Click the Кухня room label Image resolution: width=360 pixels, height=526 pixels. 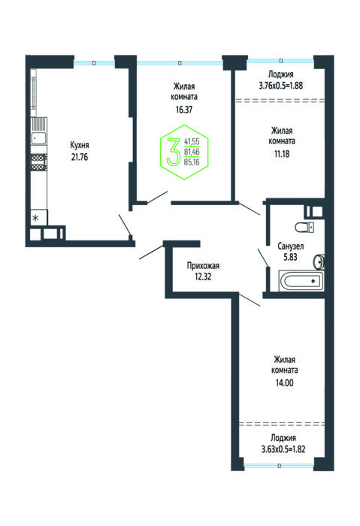coord(80,145)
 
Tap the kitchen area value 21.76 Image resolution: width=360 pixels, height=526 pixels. coord(80,157)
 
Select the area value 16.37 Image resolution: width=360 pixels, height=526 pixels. coord(184,110)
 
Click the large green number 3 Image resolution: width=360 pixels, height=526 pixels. coord(174,151)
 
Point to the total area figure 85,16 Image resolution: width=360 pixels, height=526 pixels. coord(192,163)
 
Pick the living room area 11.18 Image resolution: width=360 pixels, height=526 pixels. coord(282,154)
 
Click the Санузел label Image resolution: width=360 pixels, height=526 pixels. coord(291,246)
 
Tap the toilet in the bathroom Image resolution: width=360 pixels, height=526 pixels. coord(304,227)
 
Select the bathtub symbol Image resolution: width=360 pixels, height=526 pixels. coord(301,281)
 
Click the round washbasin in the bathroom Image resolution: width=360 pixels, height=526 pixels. coord(319,261)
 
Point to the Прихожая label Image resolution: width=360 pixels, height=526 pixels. coord(203,266)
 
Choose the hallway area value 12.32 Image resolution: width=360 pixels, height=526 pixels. coord(203,277)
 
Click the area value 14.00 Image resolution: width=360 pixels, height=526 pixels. coord(285,382)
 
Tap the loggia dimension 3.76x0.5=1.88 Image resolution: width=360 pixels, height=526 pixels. coord(281,86)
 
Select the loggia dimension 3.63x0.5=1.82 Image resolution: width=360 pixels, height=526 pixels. coord(283,449)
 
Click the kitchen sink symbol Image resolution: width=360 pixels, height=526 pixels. coord(39,138)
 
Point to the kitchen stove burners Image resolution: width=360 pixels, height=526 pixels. coord(38,162)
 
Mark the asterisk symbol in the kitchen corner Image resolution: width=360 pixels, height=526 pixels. coord(35,219)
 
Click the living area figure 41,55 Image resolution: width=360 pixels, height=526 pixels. coord(192,142)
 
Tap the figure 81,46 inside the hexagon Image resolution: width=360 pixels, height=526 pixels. coord(192,152)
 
